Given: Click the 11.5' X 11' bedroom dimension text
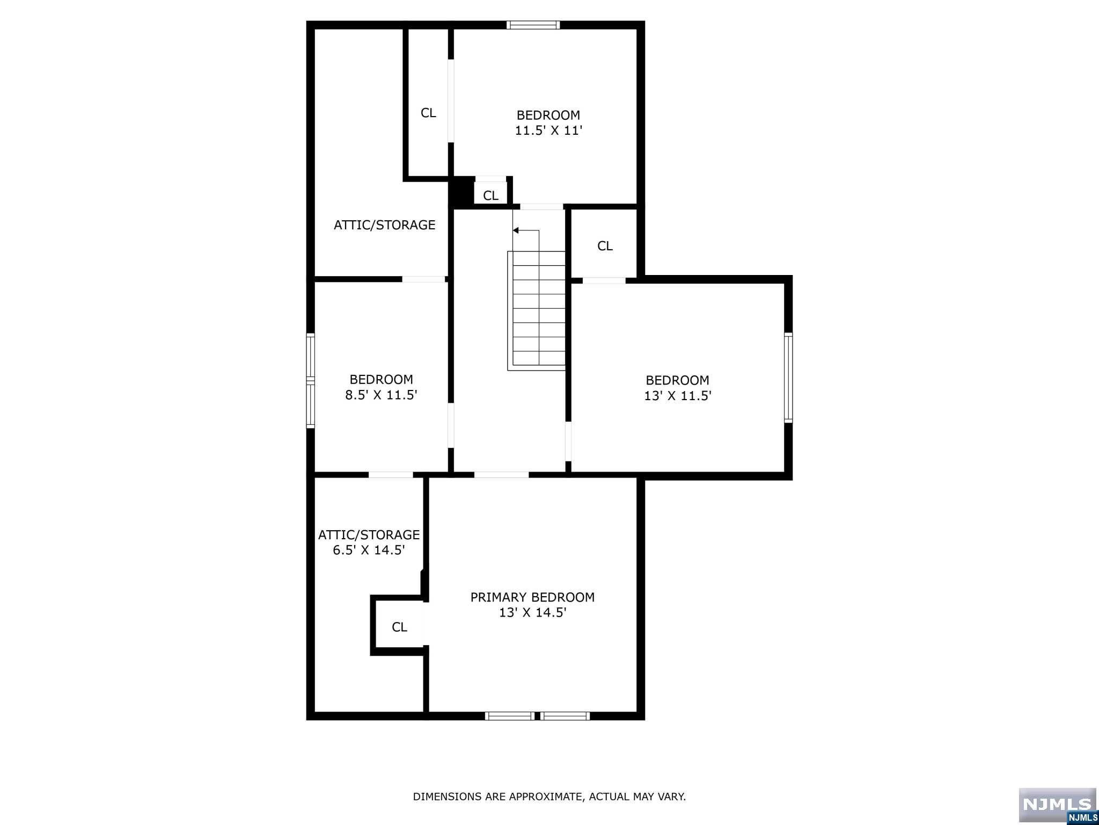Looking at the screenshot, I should (x=548, y=131).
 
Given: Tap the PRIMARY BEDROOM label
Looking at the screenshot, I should (x=532, y=597).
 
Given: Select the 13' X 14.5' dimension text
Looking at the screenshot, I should (x=532, y=613).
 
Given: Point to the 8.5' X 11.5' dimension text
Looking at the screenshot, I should (x=381, y=395).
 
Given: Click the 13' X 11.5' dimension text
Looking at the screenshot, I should (x=677, y=396).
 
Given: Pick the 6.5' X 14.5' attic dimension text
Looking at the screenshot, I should (x=369, y=550).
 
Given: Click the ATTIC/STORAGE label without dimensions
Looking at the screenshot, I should (x=384, y=225).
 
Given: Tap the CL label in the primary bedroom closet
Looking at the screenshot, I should (x=399, y=627).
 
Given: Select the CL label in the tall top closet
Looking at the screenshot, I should (x=428, y=113).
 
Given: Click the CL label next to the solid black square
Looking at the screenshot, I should (x=490, y=196).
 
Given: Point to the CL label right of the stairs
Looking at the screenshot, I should (x=605, y=246).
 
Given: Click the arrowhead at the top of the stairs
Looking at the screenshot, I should (x=516, y=230).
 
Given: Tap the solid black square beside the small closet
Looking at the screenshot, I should (x=461, y=192).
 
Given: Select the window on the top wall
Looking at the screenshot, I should (x=533, y=25).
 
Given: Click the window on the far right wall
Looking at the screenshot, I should (x=788, y=377).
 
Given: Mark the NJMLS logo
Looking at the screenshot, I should (x=1057, y=805).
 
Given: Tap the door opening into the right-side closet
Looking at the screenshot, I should (x=604, y=280).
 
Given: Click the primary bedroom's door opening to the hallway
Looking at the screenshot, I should (x=501, y=475).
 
